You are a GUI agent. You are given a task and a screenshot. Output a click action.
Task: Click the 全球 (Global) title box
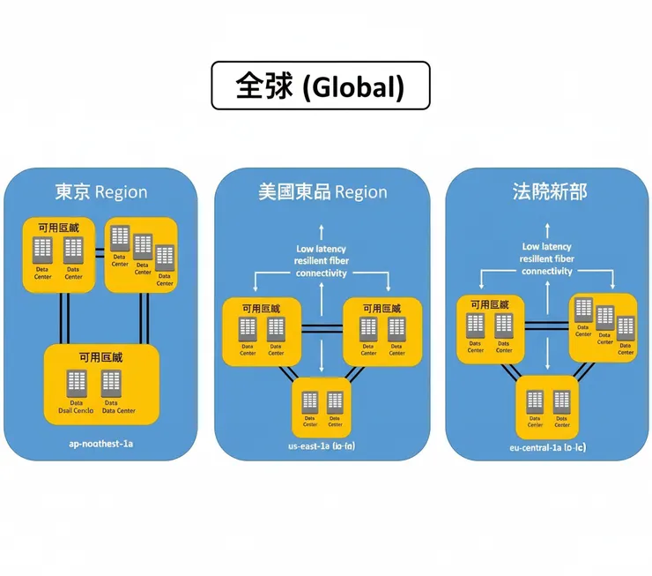pos(320,86)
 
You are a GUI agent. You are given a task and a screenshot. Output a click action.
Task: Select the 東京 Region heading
pos(101,191)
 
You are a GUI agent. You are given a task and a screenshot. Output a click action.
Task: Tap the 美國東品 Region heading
pos(322,191)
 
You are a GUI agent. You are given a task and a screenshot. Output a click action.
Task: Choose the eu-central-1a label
pos(547,448)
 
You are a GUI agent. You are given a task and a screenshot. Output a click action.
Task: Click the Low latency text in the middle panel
pos(322,249)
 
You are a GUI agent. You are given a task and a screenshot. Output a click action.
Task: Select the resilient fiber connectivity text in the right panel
pos(547,266)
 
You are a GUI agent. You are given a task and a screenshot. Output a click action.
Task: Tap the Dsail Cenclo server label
pos(77,407)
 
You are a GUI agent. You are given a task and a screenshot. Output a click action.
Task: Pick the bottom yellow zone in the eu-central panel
pos(548,407)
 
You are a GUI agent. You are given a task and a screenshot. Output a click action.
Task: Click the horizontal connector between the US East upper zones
pos(322,328)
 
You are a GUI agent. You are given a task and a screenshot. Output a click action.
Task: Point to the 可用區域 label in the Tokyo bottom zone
pos(101,357)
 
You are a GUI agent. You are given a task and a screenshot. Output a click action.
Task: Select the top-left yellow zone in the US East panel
pos(262,331)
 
